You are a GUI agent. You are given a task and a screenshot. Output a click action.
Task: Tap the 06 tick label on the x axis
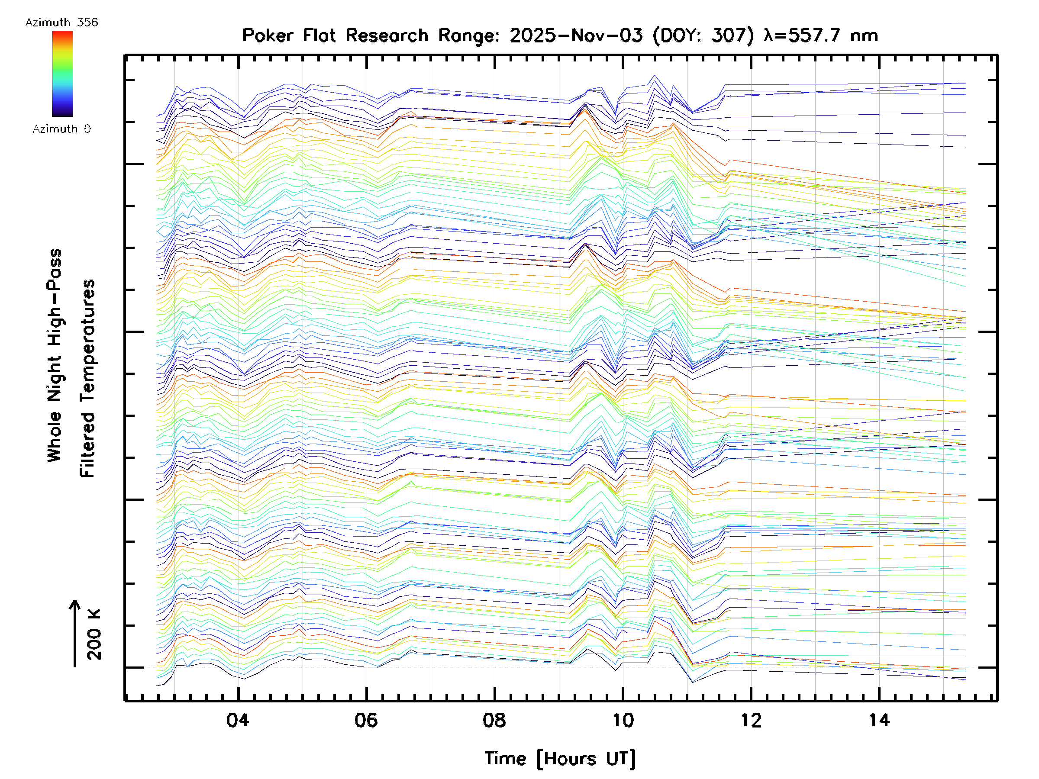pyautogui.click(x=366, y=720)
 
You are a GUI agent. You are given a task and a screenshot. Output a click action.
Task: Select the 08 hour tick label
pyautogui.click(x=494, y=720)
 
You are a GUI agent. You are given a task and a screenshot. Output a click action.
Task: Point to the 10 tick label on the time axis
pyautogui.click(x=623, y=720)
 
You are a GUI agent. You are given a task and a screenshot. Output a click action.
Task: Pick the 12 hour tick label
pyautogui.click(x=751, y=720)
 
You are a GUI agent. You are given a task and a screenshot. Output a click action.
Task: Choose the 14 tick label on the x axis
pyautogui.click(x=879, y=720)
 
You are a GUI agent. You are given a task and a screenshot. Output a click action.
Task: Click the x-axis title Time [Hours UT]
pyautogui.click(x=560, y=758)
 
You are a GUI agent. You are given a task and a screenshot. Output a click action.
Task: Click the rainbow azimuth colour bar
pyautogui.click(x=62, y=74)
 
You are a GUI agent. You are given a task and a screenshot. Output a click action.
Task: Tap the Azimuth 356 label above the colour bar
pyautogui.click(x=61, y=23)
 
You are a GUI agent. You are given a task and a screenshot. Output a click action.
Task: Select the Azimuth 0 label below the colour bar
pyautogui.click(x=61, y=129)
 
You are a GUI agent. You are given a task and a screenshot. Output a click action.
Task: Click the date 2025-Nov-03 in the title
pyautogui.click(x=576, y=35)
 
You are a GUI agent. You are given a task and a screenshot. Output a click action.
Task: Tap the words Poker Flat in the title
pyautogui.click(x=288, y=35)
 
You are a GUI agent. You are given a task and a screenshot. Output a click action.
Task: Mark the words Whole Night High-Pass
pyautogui.click(x=55, y=355)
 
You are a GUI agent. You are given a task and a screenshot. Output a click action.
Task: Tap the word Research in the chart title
pyautogui.click(x=387, y=35)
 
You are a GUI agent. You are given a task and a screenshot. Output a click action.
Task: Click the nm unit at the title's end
pyautogui.click(x=864, y=35)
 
